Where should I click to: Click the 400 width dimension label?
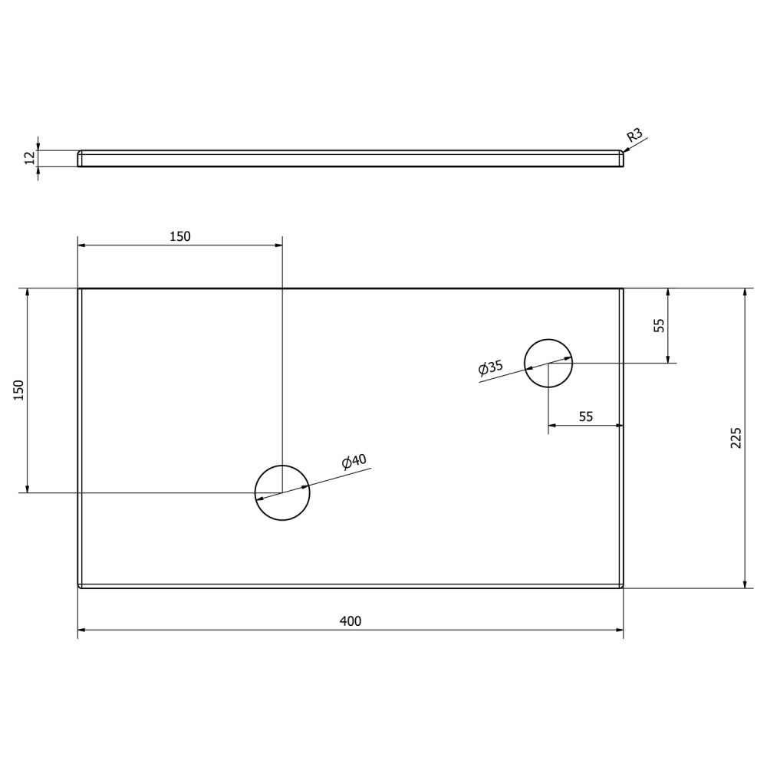(x=351, y=621)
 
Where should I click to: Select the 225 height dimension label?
(x=736, y=438)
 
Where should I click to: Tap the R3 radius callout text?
(x=634, y=137)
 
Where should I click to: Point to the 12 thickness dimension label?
(x=30, y=158)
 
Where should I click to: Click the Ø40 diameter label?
(x=354, y=462)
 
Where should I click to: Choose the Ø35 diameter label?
(x=491, y=367)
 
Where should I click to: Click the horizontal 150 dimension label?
(x=179, y=237)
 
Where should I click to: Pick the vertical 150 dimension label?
(x=19, y=390)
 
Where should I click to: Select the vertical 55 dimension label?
(x=660, y=325)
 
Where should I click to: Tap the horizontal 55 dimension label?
(x=586, y=417)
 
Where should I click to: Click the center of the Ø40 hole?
(x=282, y=492)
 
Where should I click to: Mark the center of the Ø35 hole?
(x=548, y=363)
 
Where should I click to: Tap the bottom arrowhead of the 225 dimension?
(x=744, y=584)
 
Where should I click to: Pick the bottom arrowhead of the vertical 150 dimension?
(x=28, y=489)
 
